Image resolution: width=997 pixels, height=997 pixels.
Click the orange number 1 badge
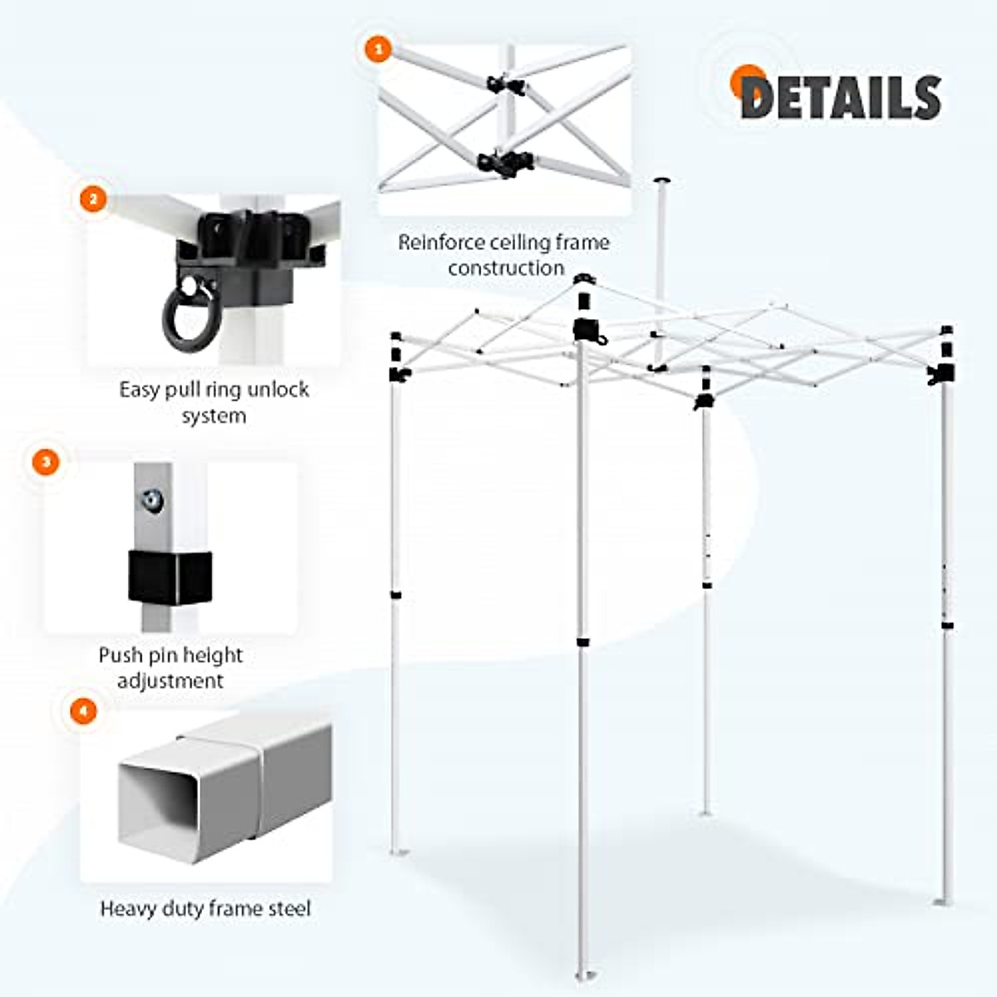click(x=379, y=49)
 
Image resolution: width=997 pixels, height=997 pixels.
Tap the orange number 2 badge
click(x=93, y=199)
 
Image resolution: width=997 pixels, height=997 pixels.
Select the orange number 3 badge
click(x=46, y=462)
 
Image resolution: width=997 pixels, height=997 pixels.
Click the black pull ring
click(x=189, y=317)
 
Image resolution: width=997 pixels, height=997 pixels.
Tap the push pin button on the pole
click(x=152, y=500)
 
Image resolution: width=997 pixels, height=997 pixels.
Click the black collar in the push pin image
click(x=169, y=577)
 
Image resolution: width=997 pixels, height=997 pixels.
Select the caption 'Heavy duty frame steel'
click(x=205, y=908)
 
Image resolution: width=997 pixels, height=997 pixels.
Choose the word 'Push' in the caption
click(x=120, y=655)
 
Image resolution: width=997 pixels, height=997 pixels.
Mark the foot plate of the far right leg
click(x=943, y=901)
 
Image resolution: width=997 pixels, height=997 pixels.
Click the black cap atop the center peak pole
click(x=662, y=179)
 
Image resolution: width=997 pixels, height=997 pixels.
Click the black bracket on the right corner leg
click(x=942, y=373)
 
